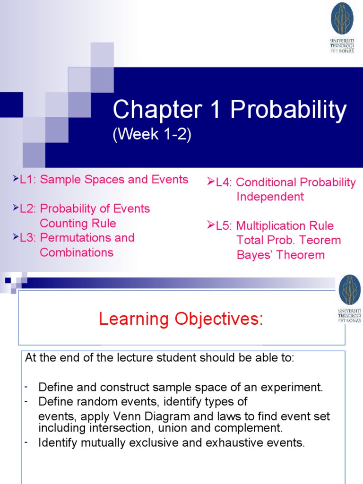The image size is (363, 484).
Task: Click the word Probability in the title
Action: (x=288, y=111)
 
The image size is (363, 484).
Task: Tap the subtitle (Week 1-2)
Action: (x=152, y=135)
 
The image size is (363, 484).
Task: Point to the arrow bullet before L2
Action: (x=16, y=208)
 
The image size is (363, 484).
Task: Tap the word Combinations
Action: (x=77, y=252)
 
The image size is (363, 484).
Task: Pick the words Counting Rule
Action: (x=78, y=223)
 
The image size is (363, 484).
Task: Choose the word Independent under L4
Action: (x=270, y=197)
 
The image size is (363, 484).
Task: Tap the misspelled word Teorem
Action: (x=320, y=240)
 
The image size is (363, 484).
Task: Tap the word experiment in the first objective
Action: (x=292, y=388)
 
